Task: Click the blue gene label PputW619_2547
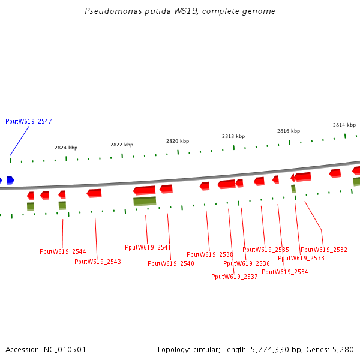point(28,122)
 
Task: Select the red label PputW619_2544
point(62,251)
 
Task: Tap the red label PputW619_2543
point(97,262)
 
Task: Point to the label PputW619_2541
point(148,247)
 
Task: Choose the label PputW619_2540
point(170,263)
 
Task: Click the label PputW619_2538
point(209,254)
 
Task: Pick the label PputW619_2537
point(234,277)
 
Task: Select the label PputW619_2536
point(246,263)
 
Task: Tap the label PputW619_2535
point(265,250)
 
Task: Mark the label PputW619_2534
point(284,272)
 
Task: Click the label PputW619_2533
point(301,259)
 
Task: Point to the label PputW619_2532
point(323,250)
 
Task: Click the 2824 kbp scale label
point(66,148)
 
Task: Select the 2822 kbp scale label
point(122,145)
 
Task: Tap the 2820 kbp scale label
point(178,141)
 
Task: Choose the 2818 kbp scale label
point(233,136)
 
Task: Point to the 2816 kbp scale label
point(289,131)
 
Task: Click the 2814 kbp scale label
point(344,125)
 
